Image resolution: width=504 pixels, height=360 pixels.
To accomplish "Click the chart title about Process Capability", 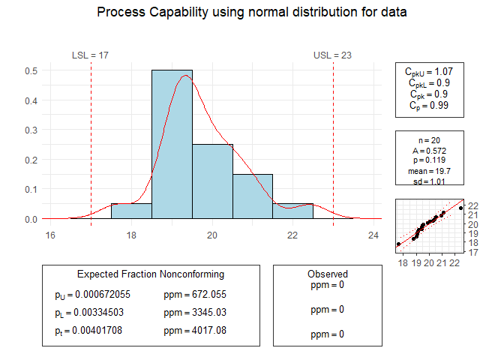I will coord(252,13).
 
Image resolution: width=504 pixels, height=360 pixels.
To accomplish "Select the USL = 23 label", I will coord(332,55).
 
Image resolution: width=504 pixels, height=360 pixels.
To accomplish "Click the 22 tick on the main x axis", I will coord(292,234).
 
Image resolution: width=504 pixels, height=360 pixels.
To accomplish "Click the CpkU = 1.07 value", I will coord(429,72).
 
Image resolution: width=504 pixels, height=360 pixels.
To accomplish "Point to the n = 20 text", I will coord(429,140).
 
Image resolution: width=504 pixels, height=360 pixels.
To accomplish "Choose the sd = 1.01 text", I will coord(429,181).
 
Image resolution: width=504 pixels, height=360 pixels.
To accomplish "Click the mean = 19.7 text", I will coord(429,171).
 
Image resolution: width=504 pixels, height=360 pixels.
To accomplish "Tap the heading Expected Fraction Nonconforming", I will coord(151,274).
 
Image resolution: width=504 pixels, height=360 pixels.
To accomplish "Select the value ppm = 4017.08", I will coord(195,330).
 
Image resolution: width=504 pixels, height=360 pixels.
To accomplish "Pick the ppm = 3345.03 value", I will coord(195,312).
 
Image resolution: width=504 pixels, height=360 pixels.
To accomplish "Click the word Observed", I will coord(328,274).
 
